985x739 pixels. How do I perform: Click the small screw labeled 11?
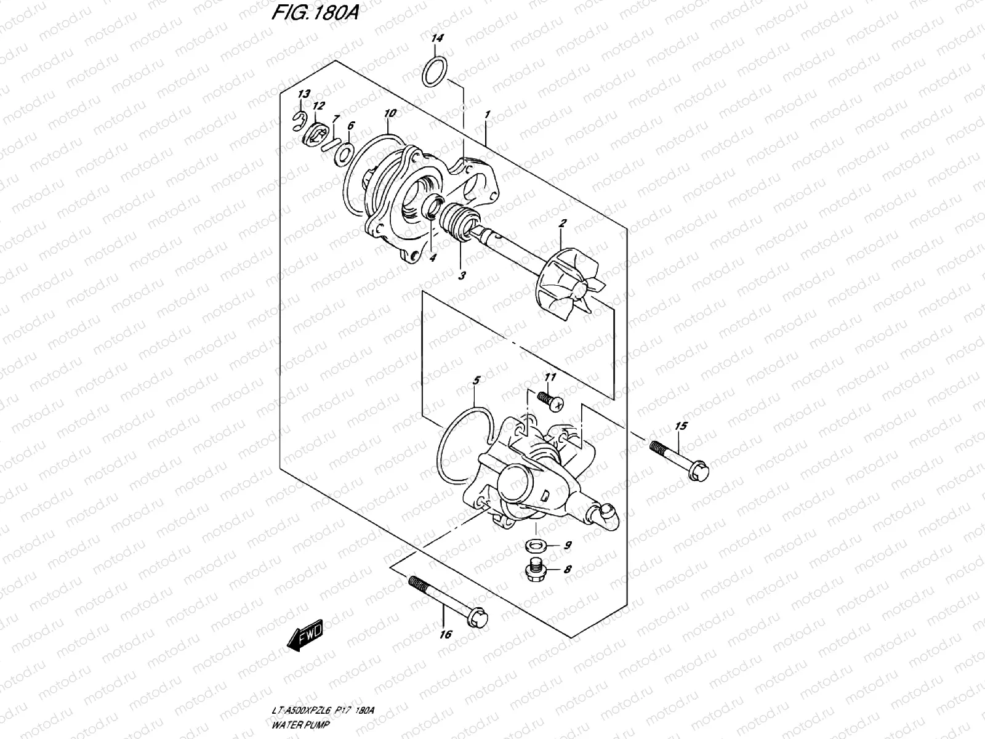[x=548, y=400]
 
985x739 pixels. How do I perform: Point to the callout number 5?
[x=476, y=381]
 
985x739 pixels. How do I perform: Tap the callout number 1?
[x=487, y=115]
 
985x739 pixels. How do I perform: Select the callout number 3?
[x=462, y=277]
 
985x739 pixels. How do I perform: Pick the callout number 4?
[x=432, y=259]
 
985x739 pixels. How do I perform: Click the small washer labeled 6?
[x=344, y=151]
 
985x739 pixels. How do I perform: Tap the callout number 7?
[x=336, y=118]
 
